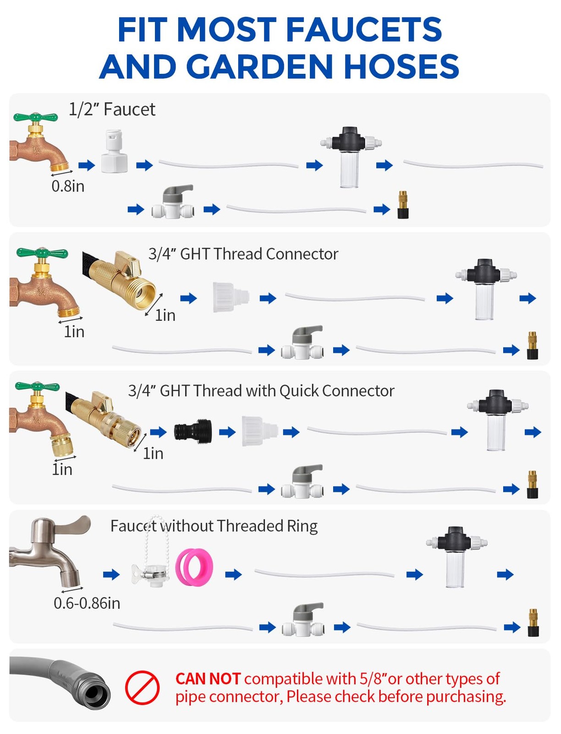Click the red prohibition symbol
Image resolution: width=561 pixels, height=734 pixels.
point(142,687)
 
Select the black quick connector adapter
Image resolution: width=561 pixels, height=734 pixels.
point(192,432)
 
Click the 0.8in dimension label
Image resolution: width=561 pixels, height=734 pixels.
point(68,186)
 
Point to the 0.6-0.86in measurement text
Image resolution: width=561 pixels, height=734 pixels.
point(87,603)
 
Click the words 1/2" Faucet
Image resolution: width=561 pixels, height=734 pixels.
point(112,109)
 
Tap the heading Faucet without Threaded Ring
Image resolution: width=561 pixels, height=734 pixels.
point(214,526)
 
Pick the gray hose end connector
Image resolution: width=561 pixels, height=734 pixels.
point(60,682)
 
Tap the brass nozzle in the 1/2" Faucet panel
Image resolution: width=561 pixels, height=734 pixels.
point(403,205)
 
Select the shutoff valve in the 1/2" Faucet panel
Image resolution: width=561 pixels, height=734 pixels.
point(173,202)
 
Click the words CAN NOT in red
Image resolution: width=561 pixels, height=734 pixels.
point(208,679)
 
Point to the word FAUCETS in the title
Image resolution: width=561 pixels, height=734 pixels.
point(364,29)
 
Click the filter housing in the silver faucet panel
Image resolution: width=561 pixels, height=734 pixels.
point(456,557)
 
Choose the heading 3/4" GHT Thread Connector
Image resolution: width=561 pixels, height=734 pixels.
point(243,254)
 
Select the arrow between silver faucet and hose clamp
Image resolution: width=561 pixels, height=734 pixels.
point(111,575)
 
